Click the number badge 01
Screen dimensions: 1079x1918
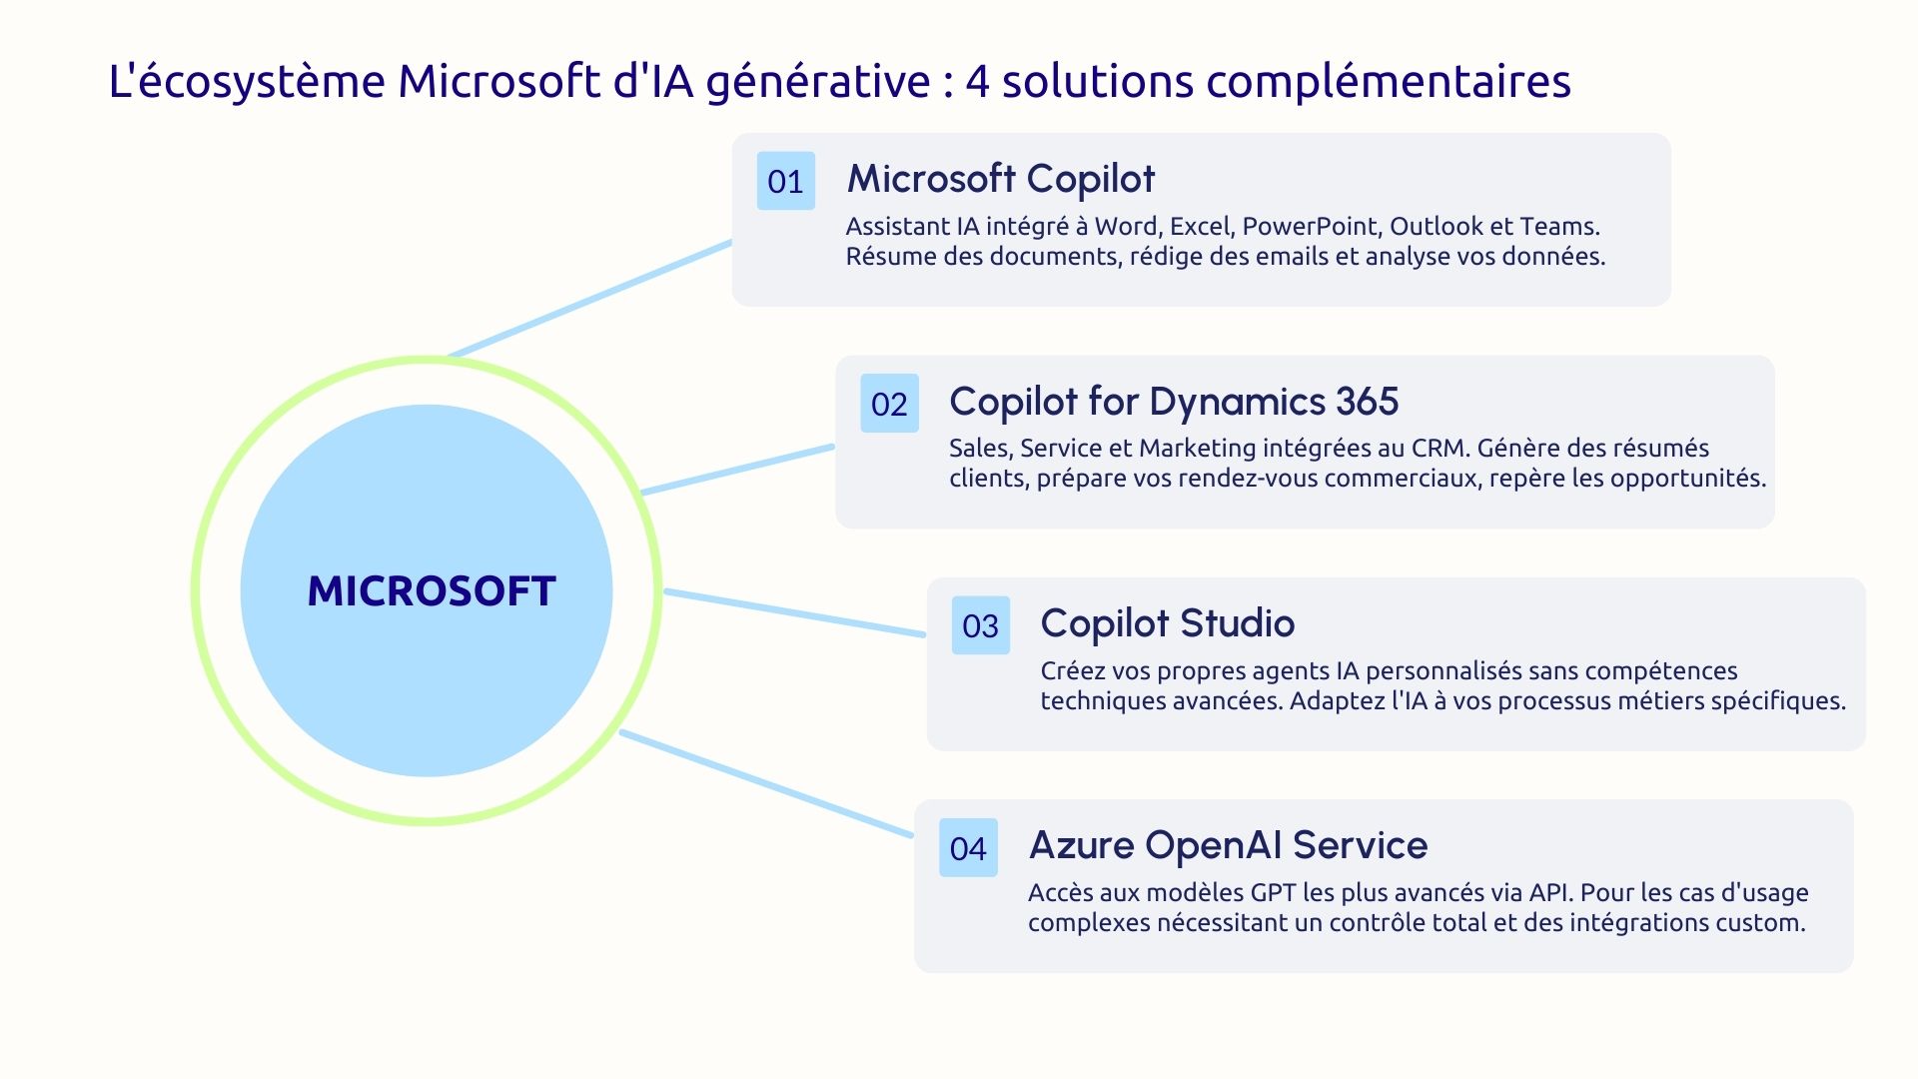tap(786, 181)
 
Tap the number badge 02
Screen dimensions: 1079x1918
tap(889, 404)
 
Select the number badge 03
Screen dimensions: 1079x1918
tap(980, 625)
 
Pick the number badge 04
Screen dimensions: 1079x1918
tap(968, 848)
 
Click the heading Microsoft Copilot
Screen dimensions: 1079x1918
tap(1000, 179)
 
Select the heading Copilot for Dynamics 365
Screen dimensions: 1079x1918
tap(1173, 402)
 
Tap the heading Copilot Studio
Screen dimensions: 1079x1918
tap(1167, 623)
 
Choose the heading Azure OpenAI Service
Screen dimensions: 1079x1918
tap(1228, 845)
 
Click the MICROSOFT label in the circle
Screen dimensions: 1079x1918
tap(431, 591)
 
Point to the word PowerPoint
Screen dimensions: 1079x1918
tap(1310, 227)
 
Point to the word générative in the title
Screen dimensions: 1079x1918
tap(818, 82)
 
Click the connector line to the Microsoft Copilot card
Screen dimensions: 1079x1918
tap(589, 298)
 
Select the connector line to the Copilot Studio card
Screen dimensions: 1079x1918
tap(795, 612)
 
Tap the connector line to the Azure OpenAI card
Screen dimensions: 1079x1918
tap(766, 784)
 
